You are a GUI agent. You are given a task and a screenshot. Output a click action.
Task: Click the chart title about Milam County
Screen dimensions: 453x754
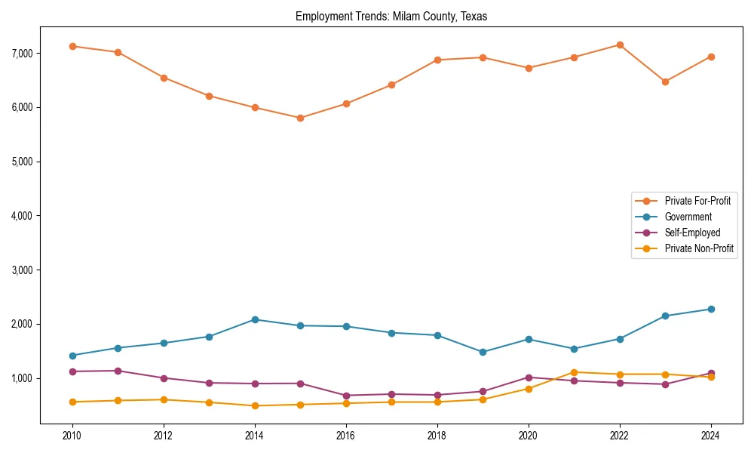(x=391, y=17)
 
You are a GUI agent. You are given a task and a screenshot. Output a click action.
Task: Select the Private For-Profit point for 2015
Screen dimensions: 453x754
(x=300, y=118)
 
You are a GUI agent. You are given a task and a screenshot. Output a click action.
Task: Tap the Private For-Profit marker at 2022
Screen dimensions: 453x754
(x=620, y=45)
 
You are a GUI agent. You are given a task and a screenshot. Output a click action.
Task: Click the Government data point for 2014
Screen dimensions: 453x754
(x=255, y=319)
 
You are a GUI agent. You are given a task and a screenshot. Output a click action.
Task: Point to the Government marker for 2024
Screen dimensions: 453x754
(x=711, y=309)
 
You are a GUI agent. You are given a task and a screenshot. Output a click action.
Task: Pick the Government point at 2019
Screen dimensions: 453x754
(x=483, y=352)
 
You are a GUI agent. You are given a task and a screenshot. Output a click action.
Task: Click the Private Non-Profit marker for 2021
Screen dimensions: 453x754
(x=574, y=372)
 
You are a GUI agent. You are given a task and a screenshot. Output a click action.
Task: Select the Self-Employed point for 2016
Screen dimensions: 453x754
(x=346, y=396)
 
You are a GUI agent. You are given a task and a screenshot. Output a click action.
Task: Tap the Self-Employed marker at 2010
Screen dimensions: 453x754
(x=72, y=371)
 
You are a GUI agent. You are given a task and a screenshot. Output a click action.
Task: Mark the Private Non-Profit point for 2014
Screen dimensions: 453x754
(x=255, y=405)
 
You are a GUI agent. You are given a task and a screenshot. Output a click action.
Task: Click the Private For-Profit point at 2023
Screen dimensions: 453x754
(x=665, y=82)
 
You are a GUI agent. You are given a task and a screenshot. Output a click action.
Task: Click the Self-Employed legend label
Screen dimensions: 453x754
(x=691, y=233)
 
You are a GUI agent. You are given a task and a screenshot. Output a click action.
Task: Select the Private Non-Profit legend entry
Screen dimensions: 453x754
(x=698, y=248)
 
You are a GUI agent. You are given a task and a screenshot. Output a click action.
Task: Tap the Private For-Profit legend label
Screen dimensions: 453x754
(x=697, y=201)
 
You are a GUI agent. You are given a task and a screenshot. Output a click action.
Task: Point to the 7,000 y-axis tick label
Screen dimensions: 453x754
(x=21, y=54)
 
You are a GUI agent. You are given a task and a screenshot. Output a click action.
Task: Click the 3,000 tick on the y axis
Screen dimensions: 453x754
(x=21, y=270)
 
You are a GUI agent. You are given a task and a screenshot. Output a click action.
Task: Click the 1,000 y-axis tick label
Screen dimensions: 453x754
(x=21, y=378)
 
